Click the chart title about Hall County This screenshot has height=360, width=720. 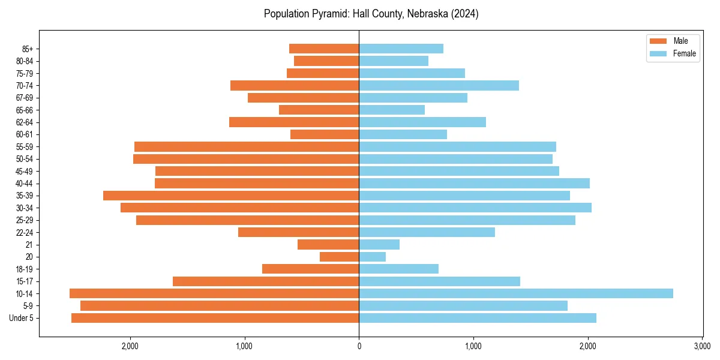pos(371,14)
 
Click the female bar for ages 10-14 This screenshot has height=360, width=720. pos(516,293)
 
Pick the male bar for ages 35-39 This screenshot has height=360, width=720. pos(231,196)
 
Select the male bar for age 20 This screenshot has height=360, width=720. pos(340,257)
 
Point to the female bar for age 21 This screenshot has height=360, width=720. pos(379,244)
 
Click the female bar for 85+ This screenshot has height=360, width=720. pos(401,49)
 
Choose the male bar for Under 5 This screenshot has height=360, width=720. pos(215,318)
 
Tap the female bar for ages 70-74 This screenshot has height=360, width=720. pos(439,85)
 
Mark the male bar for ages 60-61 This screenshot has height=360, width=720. pos(325,134)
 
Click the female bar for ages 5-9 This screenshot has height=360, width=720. pos(463,306)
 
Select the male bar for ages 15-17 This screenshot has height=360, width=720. pos(266,281)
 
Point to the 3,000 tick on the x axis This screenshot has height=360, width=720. pos(702,346)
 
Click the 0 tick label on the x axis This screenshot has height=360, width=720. pos(359,346)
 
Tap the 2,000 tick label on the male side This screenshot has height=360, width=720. pos(130,346)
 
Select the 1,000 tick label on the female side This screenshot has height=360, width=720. pos(473,346)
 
